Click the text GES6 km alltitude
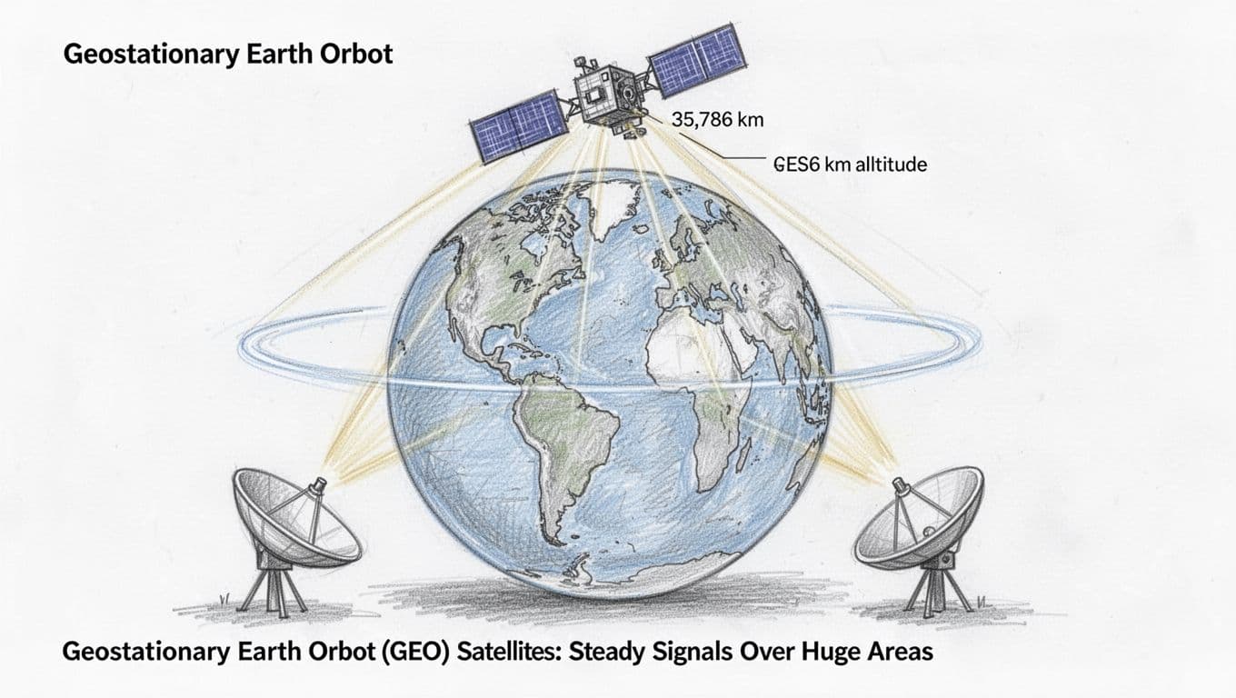850,165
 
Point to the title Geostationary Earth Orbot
228,54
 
